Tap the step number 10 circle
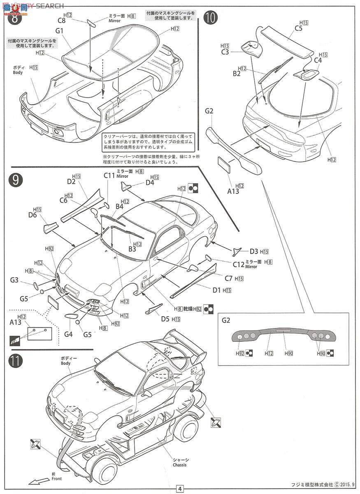(211, 19)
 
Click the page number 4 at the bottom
(180, 489)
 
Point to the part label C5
(298, 28)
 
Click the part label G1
(59, 31)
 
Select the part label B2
(236, 74)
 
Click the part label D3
(254, 251)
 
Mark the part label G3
(14, 280)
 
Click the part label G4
(68, 334)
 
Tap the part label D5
(165, 318)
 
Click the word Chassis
(180, 465)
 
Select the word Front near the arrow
(57, 479)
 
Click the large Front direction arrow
(39, 481)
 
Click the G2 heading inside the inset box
(226, 319)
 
